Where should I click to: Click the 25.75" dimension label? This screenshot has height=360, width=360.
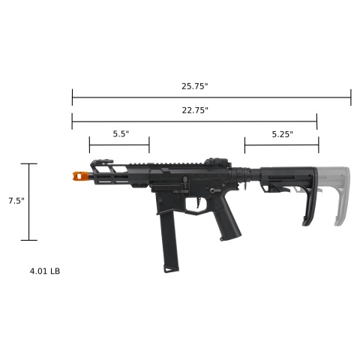tap(194, 87)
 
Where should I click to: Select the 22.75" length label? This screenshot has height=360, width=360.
tap(194, 110)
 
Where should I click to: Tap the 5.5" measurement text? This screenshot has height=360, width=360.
tap(121, 133)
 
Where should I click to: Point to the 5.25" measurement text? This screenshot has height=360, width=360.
tap(281, 133)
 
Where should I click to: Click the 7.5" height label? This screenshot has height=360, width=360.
tap(16, 201)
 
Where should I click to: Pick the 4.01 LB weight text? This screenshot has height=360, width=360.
tap(45, 270)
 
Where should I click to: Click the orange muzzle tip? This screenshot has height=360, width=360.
tap(79, 175)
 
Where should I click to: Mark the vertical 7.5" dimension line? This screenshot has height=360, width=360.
tap(29, 201)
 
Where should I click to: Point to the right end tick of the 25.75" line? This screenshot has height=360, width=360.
tap(350, 96)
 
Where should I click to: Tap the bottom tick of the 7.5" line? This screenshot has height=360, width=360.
tap(29, 240)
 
